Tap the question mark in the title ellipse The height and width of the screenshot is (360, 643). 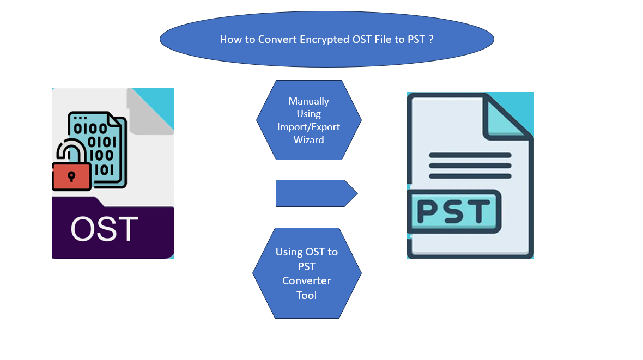(430, 40)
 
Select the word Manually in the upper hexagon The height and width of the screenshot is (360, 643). (309, 101)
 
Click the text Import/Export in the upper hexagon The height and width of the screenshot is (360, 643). (308, 127)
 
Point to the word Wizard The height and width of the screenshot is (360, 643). (308, 140)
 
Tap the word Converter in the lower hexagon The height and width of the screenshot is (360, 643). (307, 281)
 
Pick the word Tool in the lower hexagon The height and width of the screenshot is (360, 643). (307, 295)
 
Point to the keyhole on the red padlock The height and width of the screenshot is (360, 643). (71, 175)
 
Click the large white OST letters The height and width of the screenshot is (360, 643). (104, 229)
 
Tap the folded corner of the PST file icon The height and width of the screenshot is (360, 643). (504, 118)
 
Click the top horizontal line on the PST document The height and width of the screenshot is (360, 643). (470, 155)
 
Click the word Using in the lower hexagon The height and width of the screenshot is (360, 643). (289, 252)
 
